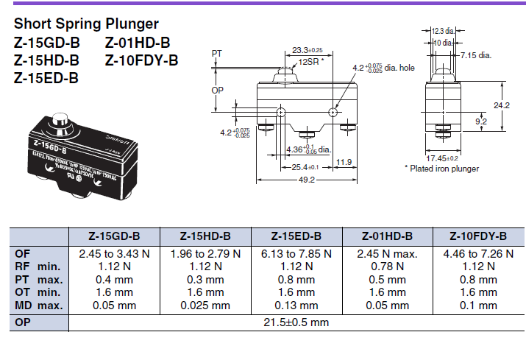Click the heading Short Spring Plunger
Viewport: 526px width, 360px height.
click(x=86, y=24)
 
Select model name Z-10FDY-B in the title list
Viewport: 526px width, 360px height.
click(x=141, y=60)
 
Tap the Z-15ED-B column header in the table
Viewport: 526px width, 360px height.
click(x=296, y=236)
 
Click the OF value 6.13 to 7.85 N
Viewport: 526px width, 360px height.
click(x=296, y=254)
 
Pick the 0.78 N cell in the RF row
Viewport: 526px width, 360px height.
click(x=387, y=267)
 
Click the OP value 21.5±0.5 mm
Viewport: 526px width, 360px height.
click(x=296, y=322)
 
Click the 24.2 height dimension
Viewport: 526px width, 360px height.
click(x=502, y=105)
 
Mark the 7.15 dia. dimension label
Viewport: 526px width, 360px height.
click(x=476, y=55)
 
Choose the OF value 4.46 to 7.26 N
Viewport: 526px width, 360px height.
click(x=478, y=254)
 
